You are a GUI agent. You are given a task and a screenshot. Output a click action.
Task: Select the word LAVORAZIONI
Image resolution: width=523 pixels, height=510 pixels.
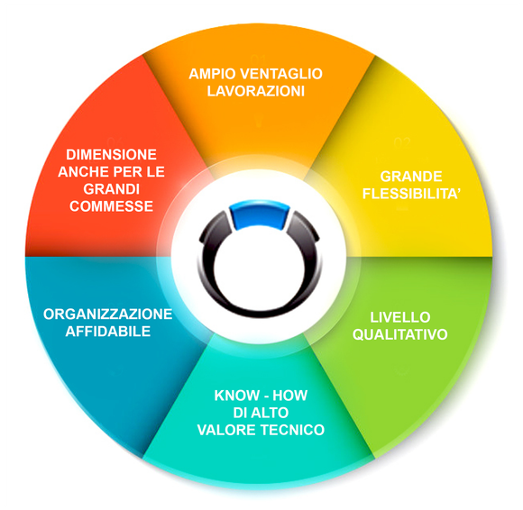(x=256, y=91)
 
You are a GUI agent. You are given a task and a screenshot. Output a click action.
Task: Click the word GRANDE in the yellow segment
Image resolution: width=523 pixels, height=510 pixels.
(x=411, y=177)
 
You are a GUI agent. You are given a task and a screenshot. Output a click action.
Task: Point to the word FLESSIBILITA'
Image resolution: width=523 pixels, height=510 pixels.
(x=411, y=194)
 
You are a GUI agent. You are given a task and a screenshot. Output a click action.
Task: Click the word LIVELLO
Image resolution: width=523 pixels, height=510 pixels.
(x=400, y=317)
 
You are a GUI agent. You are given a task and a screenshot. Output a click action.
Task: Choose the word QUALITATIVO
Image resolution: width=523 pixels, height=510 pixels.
(x=400, y=334)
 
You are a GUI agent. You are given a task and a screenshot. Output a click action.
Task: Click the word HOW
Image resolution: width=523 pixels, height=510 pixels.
(x=289, y=396)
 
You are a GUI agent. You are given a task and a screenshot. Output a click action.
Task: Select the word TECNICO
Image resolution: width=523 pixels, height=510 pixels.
(x=292, y=430)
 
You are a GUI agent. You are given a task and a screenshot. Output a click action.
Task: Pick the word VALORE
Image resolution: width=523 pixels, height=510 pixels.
(x=227, y=430)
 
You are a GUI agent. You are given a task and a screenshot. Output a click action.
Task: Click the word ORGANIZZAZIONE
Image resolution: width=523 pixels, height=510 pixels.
(x=107, y=314)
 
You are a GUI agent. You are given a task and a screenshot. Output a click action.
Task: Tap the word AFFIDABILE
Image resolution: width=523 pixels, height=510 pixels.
(x=108, y=332)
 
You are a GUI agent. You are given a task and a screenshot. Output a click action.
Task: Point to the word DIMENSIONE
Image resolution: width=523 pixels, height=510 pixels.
(x=112, y=154)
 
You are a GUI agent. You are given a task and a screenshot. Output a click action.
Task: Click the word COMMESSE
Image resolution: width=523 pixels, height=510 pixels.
(x=112, y=206)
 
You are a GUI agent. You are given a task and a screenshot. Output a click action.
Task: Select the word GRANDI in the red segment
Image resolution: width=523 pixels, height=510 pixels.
(x=112, y=189)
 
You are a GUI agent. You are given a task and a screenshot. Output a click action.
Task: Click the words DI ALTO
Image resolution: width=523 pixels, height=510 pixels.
(x=261, y=413)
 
